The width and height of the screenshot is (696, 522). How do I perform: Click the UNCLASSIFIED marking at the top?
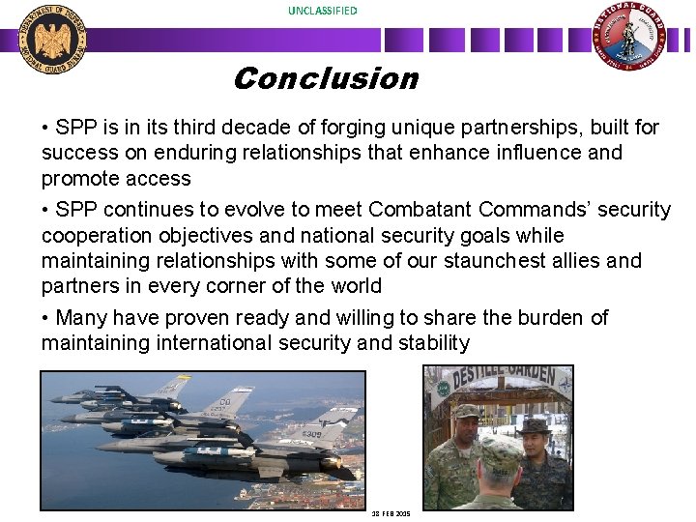click(322, 11)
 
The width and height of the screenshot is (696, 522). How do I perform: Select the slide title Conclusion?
click(325, 78)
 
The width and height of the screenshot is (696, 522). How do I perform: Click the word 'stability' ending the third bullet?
click(434, 343)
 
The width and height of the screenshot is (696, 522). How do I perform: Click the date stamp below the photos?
click(391, 513)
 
